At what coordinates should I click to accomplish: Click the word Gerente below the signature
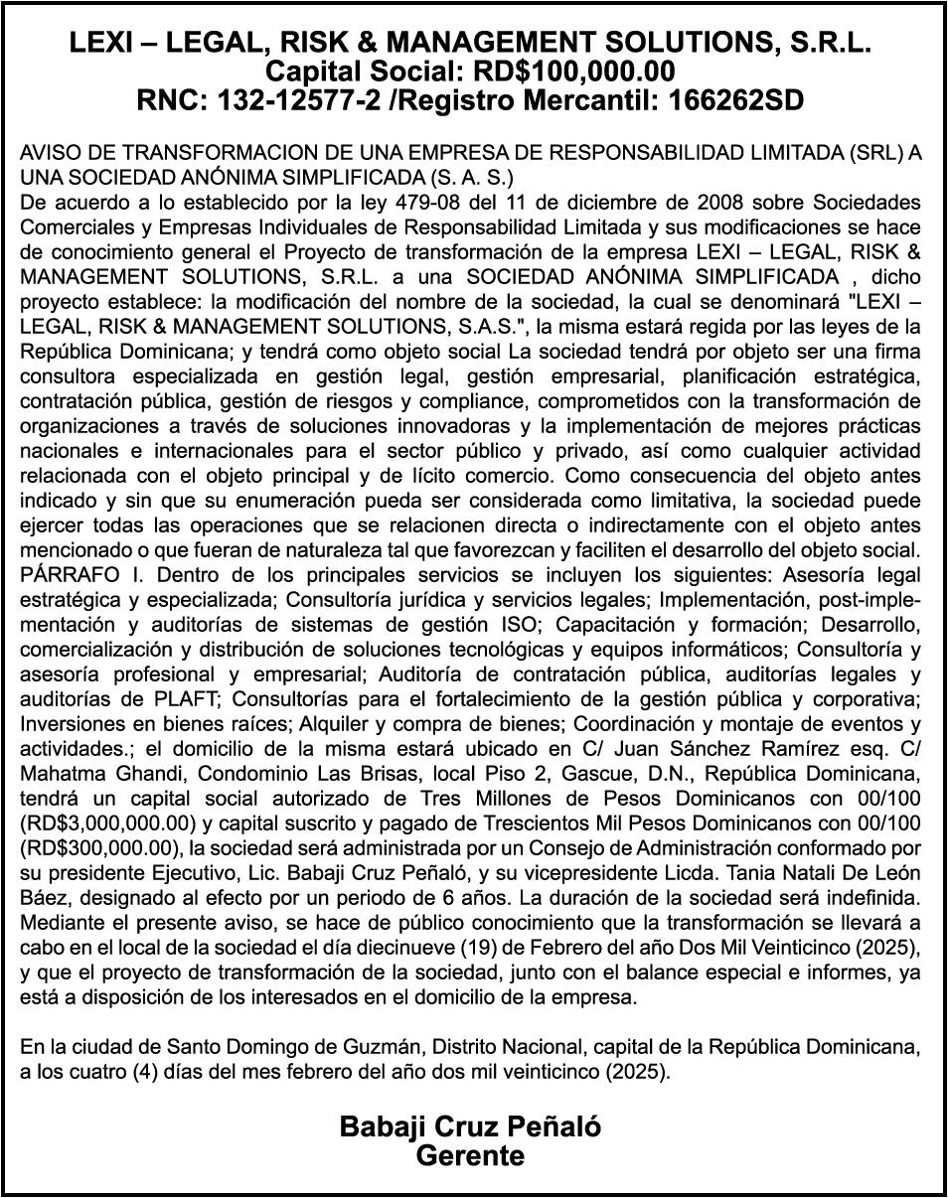(470, 1155)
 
